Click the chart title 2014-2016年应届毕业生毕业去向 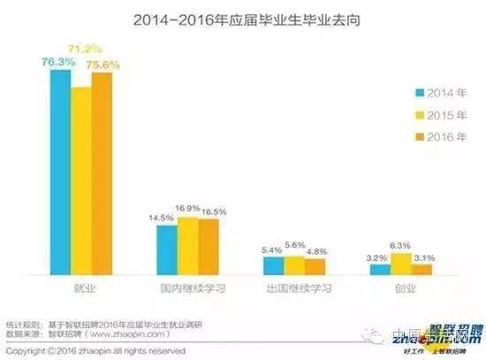pos(242,19)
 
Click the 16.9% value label pos(186,209)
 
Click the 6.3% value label pos(401,246)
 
